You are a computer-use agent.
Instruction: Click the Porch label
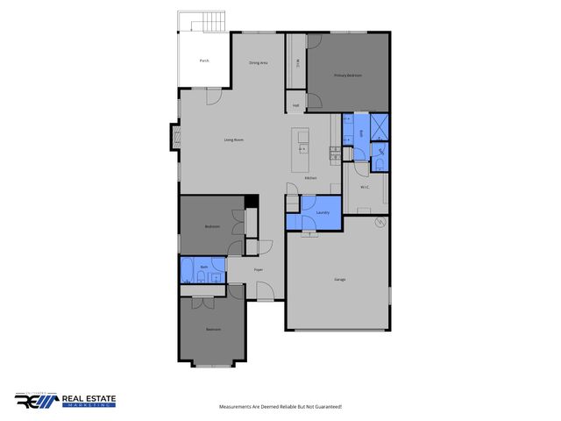204,61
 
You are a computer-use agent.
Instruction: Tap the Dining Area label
258,63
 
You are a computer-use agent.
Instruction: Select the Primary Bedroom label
348,76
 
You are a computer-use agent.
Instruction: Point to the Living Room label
233,139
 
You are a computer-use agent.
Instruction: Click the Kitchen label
310,178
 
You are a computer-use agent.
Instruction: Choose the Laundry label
322,212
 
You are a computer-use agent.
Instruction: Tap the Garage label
339,279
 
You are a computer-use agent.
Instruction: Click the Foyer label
259,269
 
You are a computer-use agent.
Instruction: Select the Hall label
296,105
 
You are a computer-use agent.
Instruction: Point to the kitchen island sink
303,148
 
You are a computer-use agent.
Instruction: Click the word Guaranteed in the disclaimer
323,407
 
